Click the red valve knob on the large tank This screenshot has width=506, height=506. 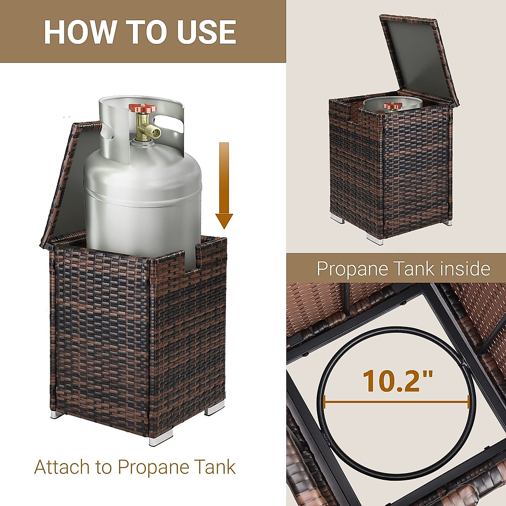coord(143,109)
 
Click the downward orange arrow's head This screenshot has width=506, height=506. coord(224,220)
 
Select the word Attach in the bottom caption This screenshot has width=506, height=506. coord(62,467)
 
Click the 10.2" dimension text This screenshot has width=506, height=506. coord(398,380)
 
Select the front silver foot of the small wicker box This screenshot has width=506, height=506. coord(375,240)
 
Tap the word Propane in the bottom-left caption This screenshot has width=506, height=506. coord(153,467)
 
